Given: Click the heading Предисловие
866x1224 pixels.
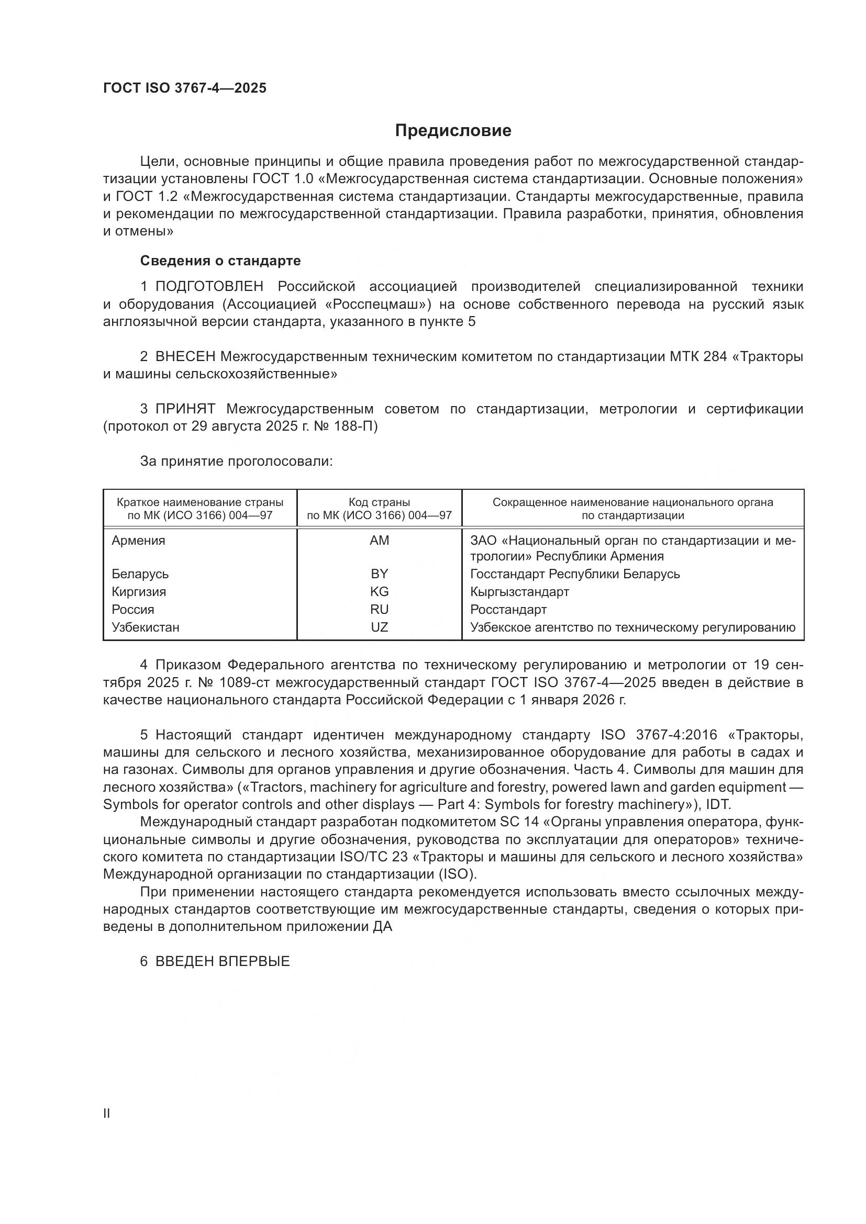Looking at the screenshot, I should [453, 131].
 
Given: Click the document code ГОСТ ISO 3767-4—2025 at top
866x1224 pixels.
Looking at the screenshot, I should [184, 88].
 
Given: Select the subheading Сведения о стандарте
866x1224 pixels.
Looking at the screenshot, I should [220, 261].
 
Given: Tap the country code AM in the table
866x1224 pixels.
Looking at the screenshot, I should [379, 541].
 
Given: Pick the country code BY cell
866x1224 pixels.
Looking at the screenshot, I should [379, 574].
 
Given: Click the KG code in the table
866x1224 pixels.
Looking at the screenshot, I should [379, 592].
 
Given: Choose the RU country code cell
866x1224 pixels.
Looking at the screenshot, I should [379, 609].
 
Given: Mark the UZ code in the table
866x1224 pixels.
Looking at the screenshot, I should [379, 627].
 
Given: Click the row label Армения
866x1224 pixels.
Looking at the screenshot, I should [138, 541].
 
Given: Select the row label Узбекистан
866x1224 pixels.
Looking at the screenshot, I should [145, 627].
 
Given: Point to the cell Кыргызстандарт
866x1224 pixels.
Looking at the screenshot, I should [519, 592].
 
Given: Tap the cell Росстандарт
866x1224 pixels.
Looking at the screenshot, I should [508, 609].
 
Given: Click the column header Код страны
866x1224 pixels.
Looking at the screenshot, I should [379, 502].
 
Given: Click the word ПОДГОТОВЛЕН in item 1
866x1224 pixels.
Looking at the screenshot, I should [209, 287].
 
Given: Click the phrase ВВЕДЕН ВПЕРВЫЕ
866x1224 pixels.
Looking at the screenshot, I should [223, 961].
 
